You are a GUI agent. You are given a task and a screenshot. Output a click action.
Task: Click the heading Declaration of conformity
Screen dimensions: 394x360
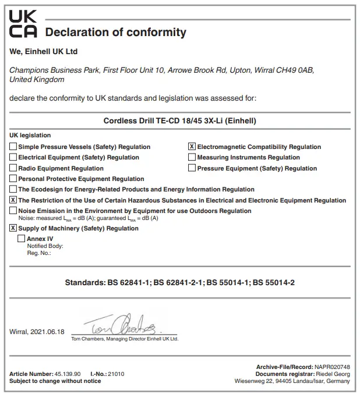click(x=115, y=33)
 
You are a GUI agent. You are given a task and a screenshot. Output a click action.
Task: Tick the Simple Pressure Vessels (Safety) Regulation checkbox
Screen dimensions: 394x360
click(x=13, y=147)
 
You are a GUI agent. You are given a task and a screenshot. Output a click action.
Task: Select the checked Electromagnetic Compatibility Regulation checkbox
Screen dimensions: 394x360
click(x=192, y=147)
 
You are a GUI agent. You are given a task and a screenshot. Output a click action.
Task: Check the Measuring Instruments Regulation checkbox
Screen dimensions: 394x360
click(x=192, y=157)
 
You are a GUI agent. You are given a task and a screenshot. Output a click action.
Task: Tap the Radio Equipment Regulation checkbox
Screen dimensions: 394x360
click(x=13, y=168)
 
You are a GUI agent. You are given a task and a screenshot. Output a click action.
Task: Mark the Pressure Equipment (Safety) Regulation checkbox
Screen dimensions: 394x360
click(x=192, y=168)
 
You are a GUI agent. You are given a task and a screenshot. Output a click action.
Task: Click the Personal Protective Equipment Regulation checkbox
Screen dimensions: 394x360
click(x=13, y=179)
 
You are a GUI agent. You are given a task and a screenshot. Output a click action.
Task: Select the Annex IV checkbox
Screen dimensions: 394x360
click(x=22, y=239)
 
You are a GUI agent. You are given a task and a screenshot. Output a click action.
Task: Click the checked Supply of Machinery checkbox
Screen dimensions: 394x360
click(x=13, y=228)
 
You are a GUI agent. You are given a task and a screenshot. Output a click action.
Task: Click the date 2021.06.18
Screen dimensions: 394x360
click(x=48, y=331)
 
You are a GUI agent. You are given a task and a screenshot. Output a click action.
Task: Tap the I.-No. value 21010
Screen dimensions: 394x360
click(x=116, y=374)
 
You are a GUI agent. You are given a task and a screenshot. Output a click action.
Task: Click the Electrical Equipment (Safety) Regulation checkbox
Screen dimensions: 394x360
click(x=13, y=157)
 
